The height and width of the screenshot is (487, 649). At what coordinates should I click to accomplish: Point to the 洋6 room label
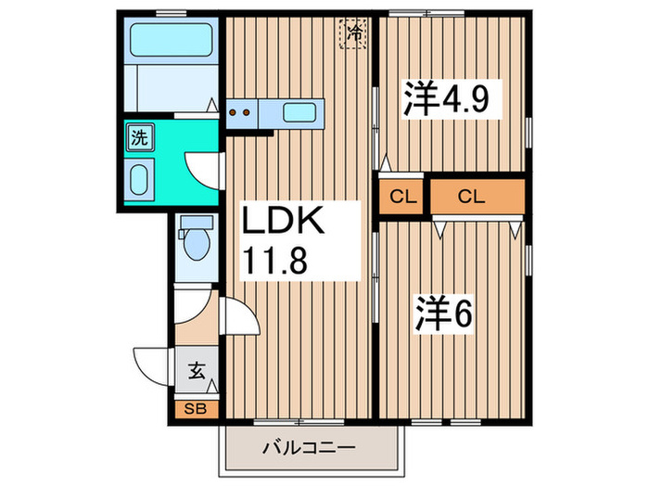pyautogui.click(x=444, y=314)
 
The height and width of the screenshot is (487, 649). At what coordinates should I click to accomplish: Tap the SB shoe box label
pyautogui.click(x=196, y=408)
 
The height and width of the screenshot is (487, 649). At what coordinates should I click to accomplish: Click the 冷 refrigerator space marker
pyautogui.click(x=355, y=34)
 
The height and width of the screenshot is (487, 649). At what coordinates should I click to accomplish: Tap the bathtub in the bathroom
pyautogui.click(x=172, y=40)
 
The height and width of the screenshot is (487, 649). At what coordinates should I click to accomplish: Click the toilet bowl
pyautogui.click(x=196, y=247)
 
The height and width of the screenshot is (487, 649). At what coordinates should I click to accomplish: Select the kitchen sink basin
pyautogui.click(x=299, y=112)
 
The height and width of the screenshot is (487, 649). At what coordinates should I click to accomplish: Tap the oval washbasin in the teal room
pyautogui.click(x=141, y=179)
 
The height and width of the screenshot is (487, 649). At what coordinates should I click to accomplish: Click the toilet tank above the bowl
pyautogui.click(x=195, y=224)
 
